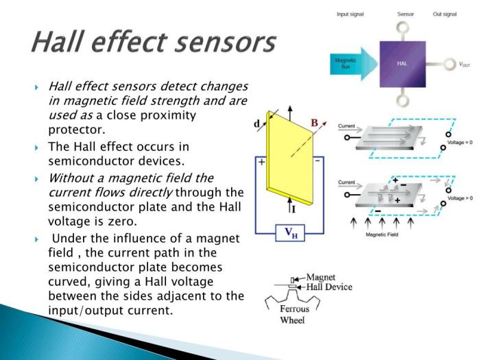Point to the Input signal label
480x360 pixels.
350,14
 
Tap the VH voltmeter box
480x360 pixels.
291,232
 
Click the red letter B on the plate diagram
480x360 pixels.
314,123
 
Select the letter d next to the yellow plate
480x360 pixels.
256,124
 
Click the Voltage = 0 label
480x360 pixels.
460,142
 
